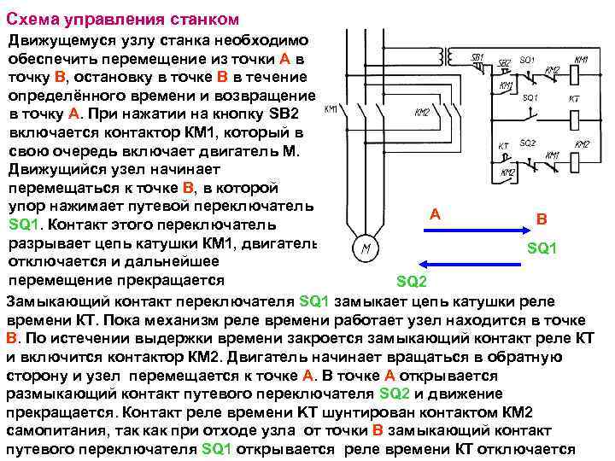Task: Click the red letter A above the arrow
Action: pos(435,214)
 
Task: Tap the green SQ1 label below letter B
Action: pos(542,248)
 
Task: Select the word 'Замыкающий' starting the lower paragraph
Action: pos(51,301)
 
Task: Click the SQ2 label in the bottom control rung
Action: pos(527,143)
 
